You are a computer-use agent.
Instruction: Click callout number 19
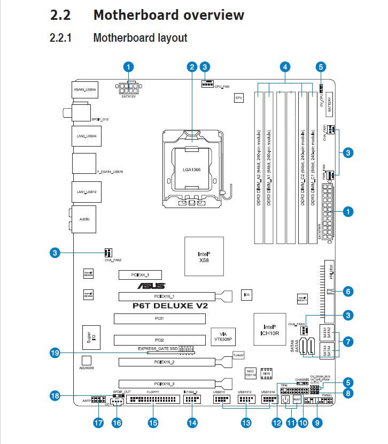point(53,353)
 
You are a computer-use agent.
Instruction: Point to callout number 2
point(192,67)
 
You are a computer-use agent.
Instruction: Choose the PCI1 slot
point(159,319)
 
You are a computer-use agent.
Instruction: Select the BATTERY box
point(329,102)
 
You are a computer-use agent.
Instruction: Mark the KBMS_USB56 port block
point(83,90)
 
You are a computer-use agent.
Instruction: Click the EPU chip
point(239,98)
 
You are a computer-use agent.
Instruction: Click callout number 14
point(192,423)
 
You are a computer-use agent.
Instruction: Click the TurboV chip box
point(238,355)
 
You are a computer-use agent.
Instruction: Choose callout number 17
point(98,423)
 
